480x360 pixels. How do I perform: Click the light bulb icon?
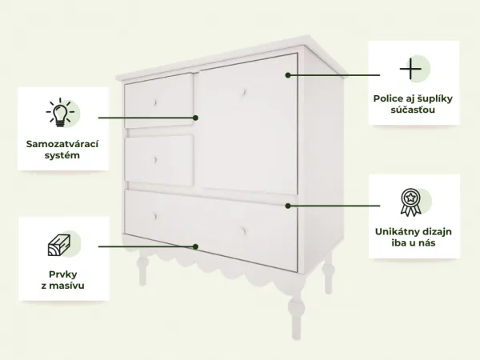[60, 112]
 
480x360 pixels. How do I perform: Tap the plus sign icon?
[410, 69]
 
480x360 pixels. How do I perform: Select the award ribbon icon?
[410, 202]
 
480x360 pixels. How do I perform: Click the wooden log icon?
[59, 245]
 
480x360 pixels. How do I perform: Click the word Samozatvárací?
[62, 144]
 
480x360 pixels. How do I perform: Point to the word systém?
[62, 155]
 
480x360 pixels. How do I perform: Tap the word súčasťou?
[413, 110]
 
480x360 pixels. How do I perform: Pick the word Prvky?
[62, 274]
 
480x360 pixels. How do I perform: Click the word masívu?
[66, 286]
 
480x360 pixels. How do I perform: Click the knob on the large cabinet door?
[244, 92]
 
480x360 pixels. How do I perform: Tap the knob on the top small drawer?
[155, 102]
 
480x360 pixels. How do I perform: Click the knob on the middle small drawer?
[155, 160]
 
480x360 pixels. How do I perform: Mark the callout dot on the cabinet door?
[288, 75]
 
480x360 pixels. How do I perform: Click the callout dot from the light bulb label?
[196, 118]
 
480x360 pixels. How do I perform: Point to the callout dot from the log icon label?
[196, 246]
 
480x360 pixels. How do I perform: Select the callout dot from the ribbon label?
[288, 206]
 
